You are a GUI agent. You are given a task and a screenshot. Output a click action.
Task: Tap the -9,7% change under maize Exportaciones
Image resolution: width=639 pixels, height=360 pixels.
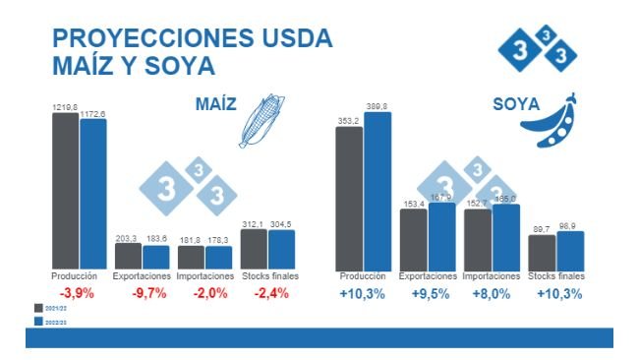[x=142, y=293]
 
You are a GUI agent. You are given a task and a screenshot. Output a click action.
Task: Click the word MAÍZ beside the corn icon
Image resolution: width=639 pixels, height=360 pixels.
[x=215, y=104]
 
